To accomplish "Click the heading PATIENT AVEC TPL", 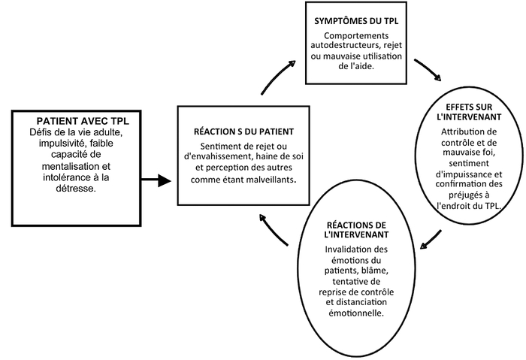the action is coord(83,121).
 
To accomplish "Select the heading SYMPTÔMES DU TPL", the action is coord(356,20).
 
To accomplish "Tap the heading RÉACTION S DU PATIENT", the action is coord(244,132).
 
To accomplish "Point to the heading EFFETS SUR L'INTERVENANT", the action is coord(469,112).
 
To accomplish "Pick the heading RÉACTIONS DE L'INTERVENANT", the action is coord(356,229).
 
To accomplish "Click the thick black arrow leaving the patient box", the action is coord(156,180).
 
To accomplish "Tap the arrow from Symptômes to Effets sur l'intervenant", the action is coord(429,69).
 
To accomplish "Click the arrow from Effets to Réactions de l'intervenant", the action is coord(431,240).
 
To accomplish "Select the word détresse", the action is coord(76,189).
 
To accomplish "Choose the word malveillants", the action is coord(272,180).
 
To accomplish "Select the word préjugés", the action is coord(467,195).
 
